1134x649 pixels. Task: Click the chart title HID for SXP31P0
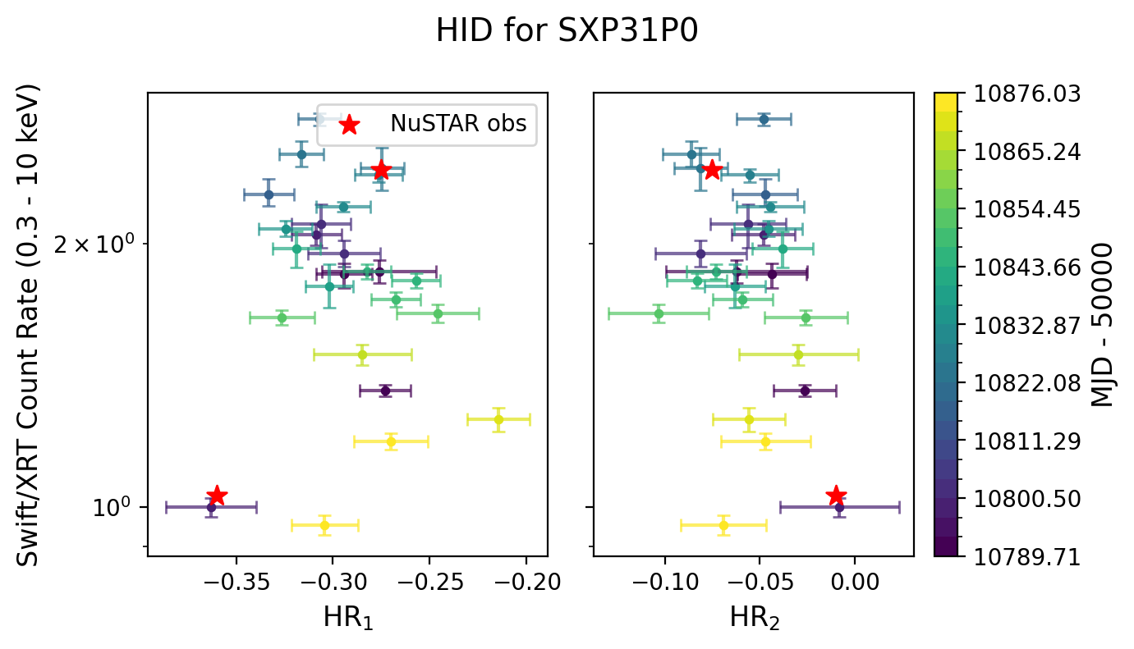(567, 31)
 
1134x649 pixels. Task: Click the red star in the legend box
(349, 125)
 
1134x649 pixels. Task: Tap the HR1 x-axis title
(347, 618)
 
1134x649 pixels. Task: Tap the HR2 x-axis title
(754, 618)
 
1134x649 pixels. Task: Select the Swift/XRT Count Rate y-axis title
(30, 324)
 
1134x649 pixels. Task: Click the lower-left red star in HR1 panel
(217, 496)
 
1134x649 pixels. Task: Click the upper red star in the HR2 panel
(712, 170)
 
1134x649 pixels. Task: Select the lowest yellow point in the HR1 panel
(324, 525)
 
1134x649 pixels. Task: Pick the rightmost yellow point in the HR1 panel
(498, 419)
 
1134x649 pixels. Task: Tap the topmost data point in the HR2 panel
(764, 119)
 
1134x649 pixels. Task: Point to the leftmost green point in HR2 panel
(659, 313)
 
